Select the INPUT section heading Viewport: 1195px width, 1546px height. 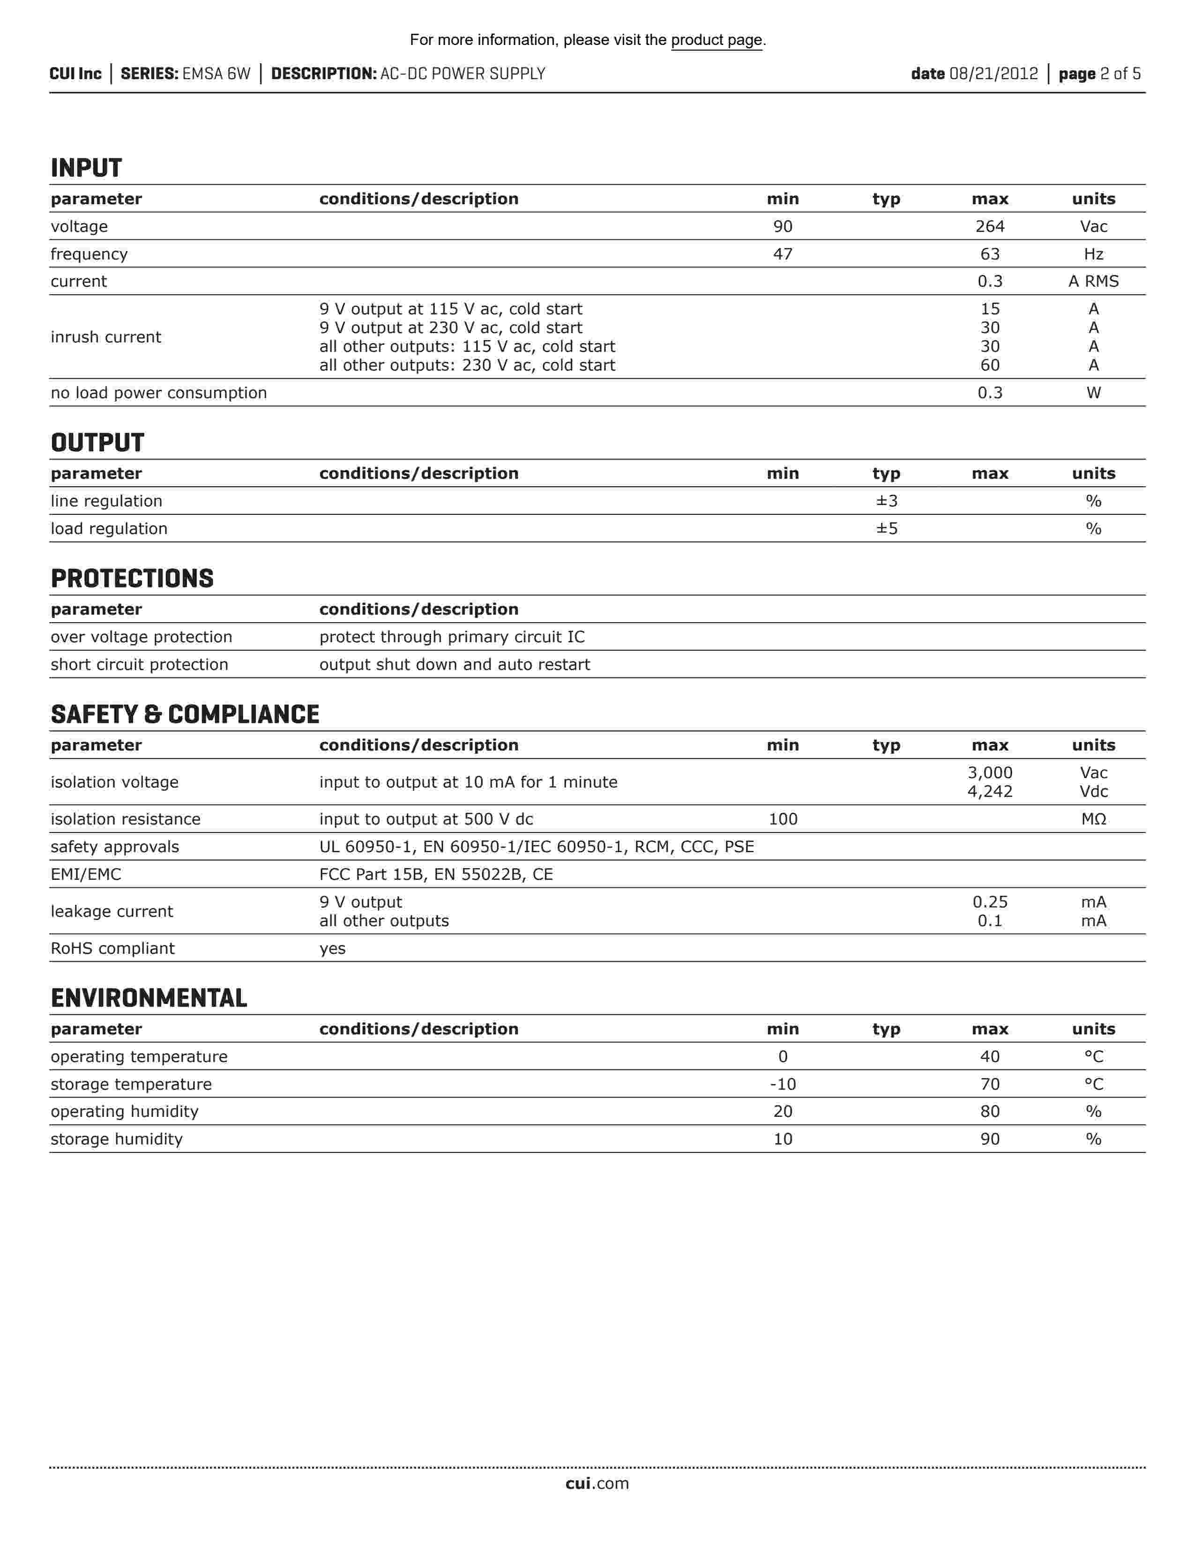point(86,169)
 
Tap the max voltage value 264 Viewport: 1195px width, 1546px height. point(990,227)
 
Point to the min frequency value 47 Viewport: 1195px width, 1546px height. point(782,254)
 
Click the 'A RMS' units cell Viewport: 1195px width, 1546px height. point(1093,282)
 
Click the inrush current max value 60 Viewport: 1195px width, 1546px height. point(990,365)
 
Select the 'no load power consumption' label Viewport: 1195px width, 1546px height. point(158,393)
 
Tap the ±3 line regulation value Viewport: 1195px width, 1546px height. point(886,501)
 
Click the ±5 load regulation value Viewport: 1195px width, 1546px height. point(886,529)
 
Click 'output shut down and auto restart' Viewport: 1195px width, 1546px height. point(455,665)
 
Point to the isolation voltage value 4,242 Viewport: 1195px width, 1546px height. point(990,791)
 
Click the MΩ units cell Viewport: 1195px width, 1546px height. point(1093,819)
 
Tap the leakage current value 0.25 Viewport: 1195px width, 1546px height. point(990,902)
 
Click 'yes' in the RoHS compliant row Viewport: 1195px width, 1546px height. point(332,949)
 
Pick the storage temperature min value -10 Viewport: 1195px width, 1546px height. point(782,1085)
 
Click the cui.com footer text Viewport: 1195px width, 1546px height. point(597,1484)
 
